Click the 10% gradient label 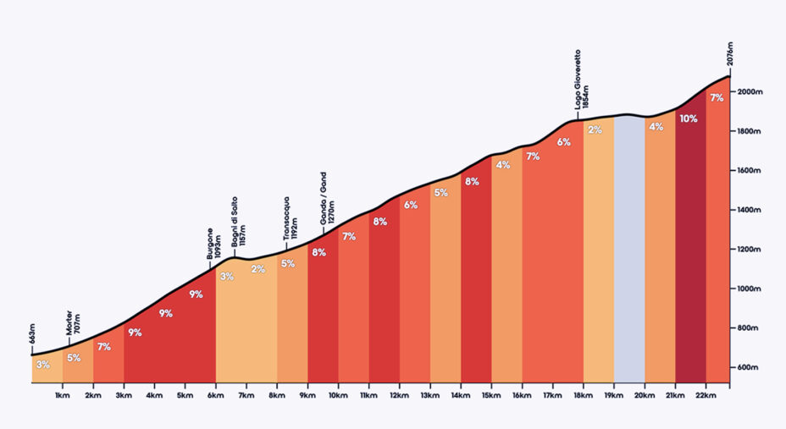point(688,119)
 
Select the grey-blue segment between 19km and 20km point(628,254)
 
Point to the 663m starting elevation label point(32,338)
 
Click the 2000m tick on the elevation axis point(750,92)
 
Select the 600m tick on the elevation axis point(749,367)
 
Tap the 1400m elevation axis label point(750,210)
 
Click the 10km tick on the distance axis point(338,395)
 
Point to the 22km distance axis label point(706,395)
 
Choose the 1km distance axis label point(62,395)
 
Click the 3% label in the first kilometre point(43,365)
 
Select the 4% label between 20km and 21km point(656,127)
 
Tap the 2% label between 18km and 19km point(595,129)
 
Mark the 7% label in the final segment point(717,98)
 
